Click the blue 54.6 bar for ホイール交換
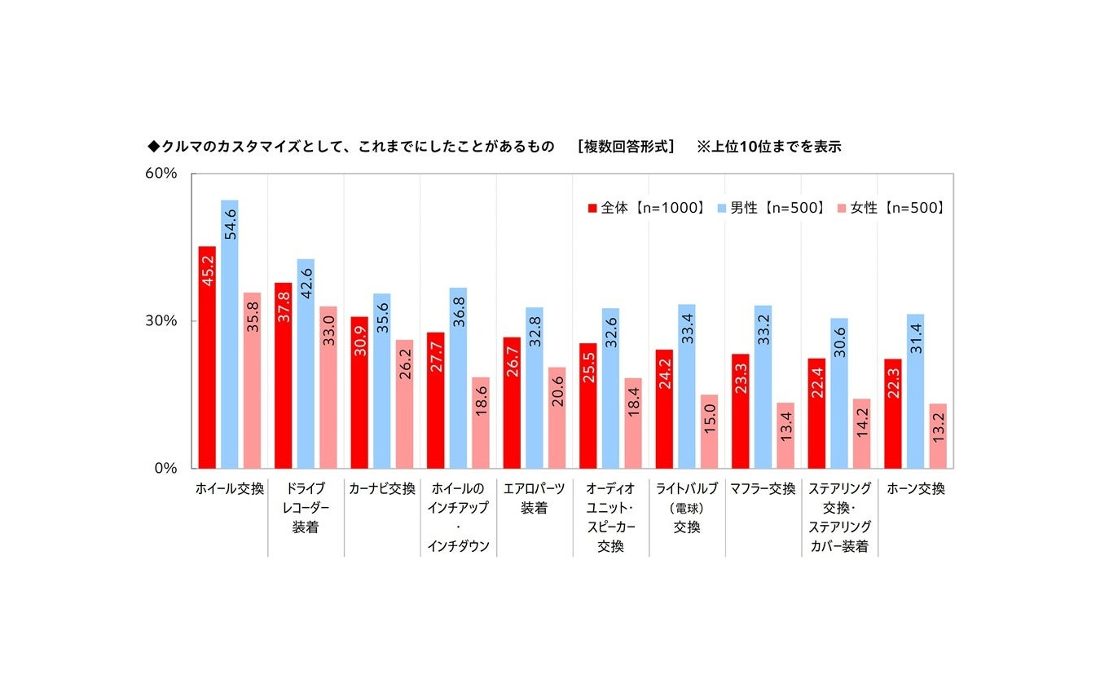point(229,334)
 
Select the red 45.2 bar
point(207,357)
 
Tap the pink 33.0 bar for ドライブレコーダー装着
point(328,387)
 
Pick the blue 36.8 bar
point(458,378)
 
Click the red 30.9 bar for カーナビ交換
point(359,393)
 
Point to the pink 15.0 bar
point(710,431)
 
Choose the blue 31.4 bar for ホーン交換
point(915,391)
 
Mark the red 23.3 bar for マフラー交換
point(741,412)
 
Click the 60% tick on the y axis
point(161,173)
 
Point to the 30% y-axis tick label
point(161,320)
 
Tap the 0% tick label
point(165,468)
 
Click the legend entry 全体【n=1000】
point(647,208)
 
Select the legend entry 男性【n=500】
point(771,208)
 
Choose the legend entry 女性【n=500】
point(891,208)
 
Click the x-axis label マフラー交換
point(763,488)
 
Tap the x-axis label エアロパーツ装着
point(535,498)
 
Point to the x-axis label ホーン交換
point(916,488)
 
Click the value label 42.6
point(306,283)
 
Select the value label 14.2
point(862,422)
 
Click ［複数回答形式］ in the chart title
point(626,147)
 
